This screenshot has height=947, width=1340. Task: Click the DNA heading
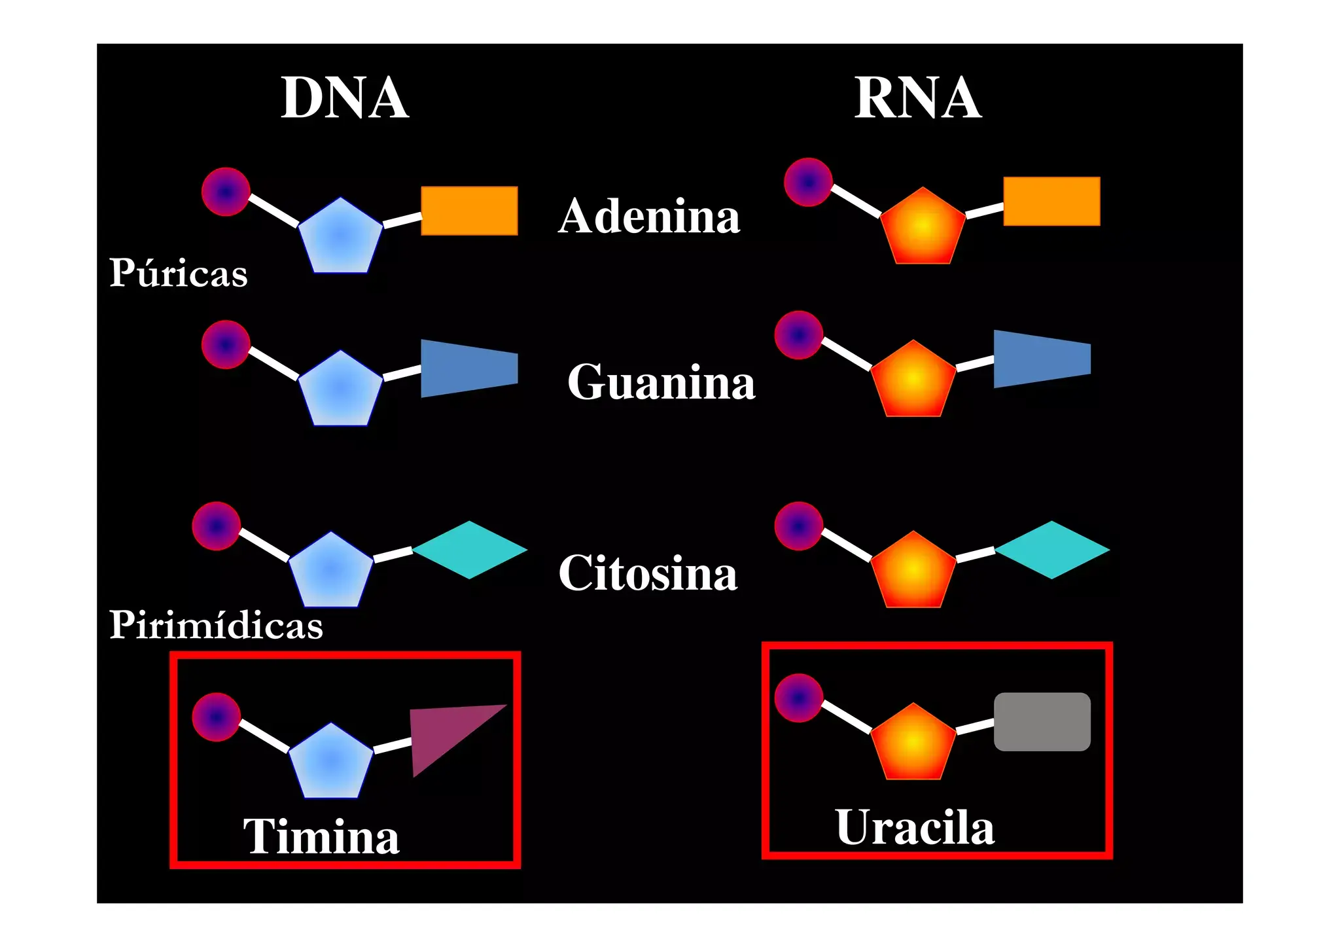click(x=345, y=98)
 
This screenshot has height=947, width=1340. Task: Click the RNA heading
click(x=917, y=98)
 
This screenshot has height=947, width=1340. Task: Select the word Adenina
click(x=649, y=216)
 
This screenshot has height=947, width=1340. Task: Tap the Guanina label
click(x=661, y=382)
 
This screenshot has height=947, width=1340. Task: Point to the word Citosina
click(x=648, y=573)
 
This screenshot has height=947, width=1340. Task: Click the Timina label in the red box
click(x=321, y=837)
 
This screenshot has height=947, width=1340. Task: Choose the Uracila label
click(x=915, y=828)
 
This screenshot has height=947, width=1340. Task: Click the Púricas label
click(x=178, y=273)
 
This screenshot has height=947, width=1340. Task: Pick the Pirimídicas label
click(x=216, y=625)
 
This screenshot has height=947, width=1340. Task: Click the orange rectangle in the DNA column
click(x=469, y=211)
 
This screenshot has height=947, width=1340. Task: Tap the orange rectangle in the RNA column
click(x=1051, y=201)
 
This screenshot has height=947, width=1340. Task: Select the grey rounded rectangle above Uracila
click(x=1042, y=721)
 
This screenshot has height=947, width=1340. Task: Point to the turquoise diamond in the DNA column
click(x=470, y=550)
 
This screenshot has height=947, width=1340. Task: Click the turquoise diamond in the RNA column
click(x=1051, y=550)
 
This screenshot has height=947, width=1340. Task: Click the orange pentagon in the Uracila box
click(x=913, y=745)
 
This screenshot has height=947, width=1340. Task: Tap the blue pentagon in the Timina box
click(x=331, y=763)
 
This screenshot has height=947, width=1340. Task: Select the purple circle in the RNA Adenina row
click(x=808, y=183)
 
